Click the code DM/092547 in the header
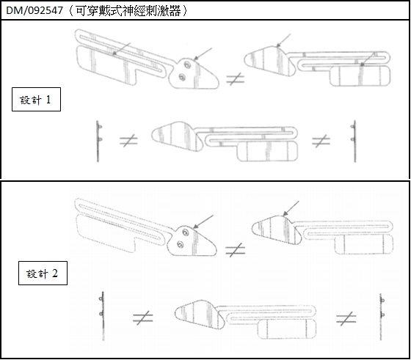click(x=34, y=10)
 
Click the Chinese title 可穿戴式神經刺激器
click(x=128, y=11)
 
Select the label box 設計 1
click(x=36, y=100)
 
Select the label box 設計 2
click(x=43, y=273)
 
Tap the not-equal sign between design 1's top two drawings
click(x=236, y=78)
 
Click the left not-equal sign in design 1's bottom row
click(x=128, y=141)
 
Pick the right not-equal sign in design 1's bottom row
click(x=321, y=141)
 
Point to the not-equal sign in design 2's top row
click(x=236, y=250)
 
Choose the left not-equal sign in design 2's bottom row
click(x=143, y=318)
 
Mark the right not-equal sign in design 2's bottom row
click(x=346, y=319)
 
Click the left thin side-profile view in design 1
click(x=98, y=142)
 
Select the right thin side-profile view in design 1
click(x=354, y=142)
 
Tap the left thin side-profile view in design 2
click(x=103, y=316)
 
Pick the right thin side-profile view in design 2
click(x=382, y=317)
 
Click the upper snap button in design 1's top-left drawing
click(x=186, y=65)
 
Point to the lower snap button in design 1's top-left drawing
click(x=181, y=77)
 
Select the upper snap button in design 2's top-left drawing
click(x=185, y=232)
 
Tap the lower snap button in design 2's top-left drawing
click(x=180, y=245)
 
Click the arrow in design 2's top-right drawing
click(x=291, y=209)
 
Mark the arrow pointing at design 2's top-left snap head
click(x=203, y=221)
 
